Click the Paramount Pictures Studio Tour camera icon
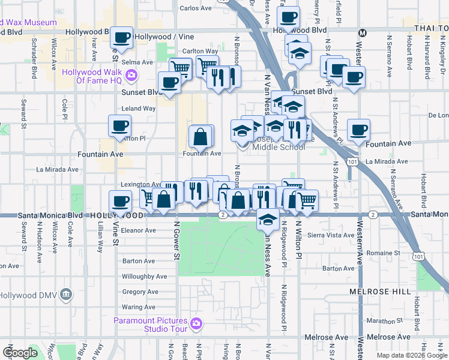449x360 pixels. coord(196,325)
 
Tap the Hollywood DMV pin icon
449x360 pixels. coord(66,295)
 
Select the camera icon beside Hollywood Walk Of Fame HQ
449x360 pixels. coord(133,76)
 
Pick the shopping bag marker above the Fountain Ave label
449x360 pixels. coord(200,137)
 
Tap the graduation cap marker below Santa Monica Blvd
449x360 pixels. coord(268,220)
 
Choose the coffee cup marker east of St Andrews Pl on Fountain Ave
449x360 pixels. coord(359,130)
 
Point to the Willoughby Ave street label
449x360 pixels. coord(144,277)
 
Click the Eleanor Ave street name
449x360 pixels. coord(138,230)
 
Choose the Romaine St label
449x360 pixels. coord(384,254)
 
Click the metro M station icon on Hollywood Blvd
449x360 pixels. coord(361,32)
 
